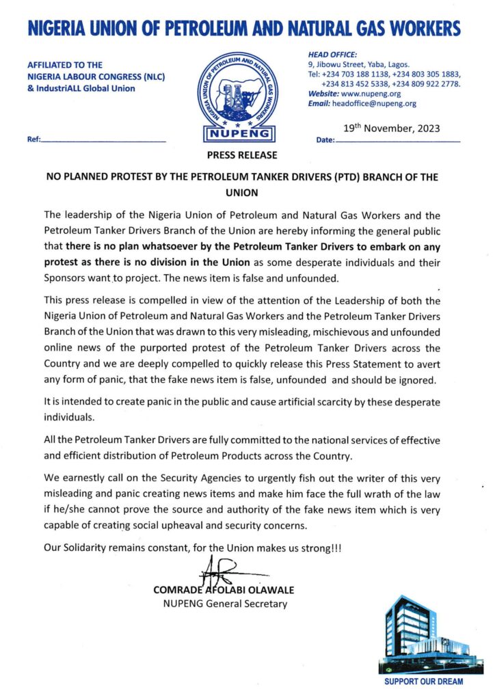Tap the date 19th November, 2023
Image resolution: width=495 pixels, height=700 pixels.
(x=390, y=128)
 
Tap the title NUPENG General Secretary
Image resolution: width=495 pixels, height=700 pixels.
(x=224, y=604)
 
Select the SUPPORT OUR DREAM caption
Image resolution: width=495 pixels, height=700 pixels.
(x=423, y=682)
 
